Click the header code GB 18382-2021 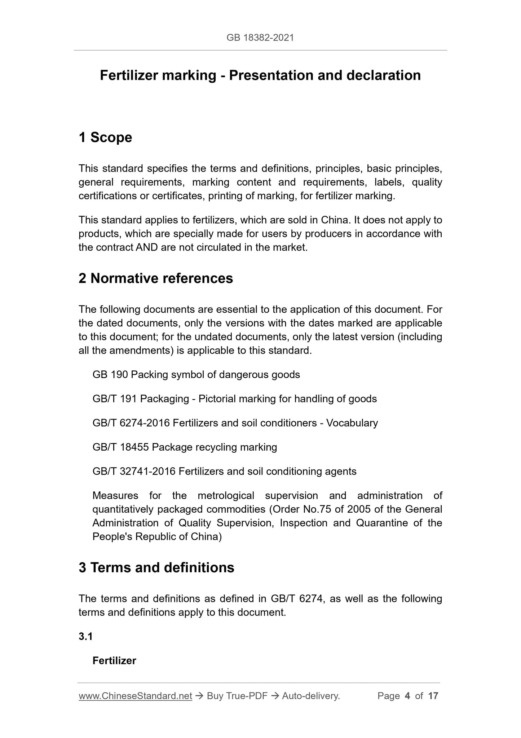coord(260,38)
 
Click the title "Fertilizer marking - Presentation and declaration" coord(260,75)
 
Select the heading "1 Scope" coord(105,138)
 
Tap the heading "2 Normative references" coord(156,278)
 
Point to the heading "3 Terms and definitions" coord(156,568)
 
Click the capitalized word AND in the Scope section coord(147,248)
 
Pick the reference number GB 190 coord(110,375)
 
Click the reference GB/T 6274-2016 coord(131,423)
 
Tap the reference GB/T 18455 coord(120,447)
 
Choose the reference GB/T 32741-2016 coord(134,472)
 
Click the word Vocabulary coord(352,423)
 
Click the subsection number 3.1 coord(86,637)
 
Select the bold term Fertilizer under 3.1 coord(114,661)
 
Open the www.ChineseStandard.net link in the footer coord(135,696)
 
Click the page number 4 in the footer coord(407,696)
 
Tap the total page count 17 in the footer coord(433,696)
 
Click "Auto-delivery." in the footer coord(311,696)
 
